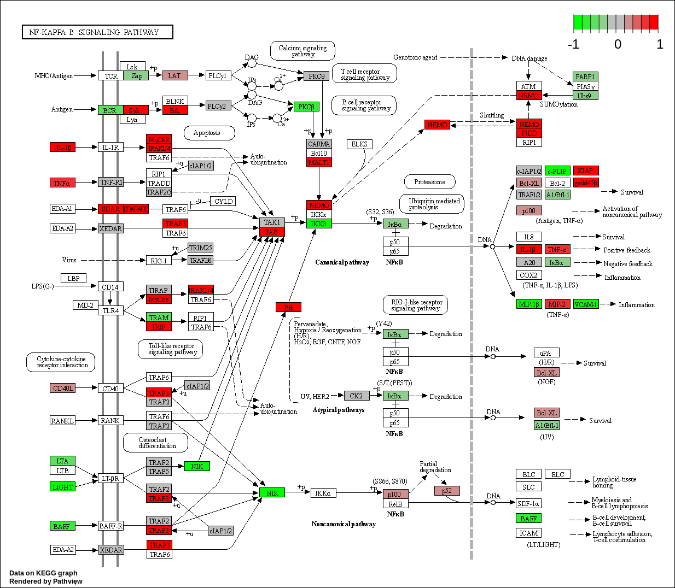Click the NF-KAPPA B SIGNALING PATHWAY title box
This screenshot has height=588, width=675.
(97, 32)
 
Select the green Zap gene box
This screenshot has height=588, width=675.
(136, 76)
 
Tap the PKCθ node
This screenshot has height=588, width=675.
(316, 76)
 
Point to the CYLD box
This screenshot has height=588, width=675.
(223, 201)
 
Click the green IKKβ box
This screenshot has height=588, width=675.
(319, 224)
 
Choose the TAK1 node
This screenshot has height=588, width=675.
(272, 222)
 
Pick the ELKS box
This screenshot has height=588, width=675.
(359, 144)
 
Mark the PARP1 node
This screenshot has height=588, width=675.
(585, 77)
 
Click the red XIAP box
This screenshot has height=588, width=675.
(585, 170)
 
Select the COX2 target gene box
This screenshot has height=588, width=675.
(528, 275)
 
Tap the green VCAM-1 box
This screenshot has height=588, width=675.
(585, 304)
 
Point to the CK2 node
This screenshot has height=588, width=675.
(356, 396)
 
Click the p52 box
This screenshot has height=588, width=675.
(447, 491)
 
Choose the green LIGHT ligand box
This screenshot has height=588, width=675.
(62, 486)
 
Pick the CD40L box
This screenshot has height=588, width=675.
(62, 388)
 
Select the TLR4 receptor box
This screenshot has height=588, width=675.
(110, 310)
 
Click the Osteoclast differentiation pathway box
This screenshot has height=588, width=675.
(156, 443)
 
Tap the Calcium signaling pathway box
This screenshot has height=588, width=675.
(302, 51)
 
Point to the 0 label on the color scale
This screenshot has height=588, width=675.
(618, 45)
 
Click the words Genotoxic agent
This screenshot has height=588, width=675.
(415, 57)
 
